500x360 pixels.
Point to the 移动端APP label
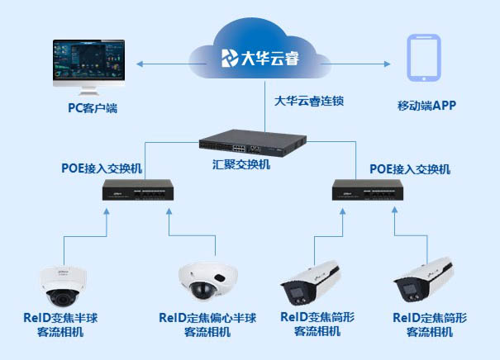pos(426,106)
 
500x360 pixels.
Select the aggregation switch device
pos(248,144)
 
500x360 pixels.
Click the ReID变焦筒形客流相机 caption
pos(317,324)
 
